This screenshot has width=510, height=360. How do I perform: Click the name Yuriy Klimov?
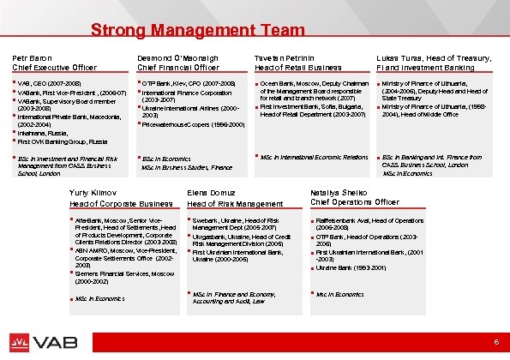point(94,193)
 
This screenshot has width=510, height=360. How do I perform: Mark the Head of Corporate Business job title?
point(121,203)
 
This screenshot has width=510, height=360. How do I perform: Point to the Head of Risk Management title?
point(235,203)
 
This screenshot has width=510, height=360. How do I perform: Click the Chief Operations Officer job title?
point(354,202)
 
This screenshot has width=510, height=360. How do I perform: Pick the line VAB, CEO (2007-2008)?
point(47,83)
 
